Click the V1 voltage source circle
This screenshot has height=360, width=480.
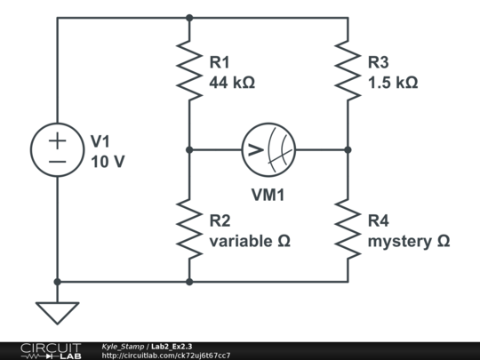click(58, 150)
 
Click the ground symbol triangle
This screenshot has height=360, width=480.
click(58, 312)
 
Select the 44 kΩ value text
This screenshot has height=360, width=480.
click(232, 83)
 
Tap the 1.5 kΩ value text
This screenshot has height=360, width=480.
click(392, 83)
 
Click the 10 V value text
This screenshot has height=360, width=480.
click(108, 161)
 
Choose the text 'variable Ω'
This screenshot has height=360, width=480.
click(250, 241)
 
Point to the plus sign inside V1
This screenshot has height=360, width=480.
click(58, 140)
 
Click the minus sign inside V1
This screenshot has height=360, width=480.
click(58, 162)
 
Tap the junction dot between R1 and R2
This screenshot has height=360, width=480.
click(189, 150)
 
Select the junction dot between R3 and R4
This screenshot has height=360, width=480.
click(348, 150)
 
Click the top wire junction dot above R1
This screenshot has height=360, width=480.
click(189, 17)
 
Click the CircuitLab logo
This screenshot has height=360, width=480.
click(49, 350)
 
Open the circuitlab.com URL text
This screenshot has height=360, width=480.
click(166, 356)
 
